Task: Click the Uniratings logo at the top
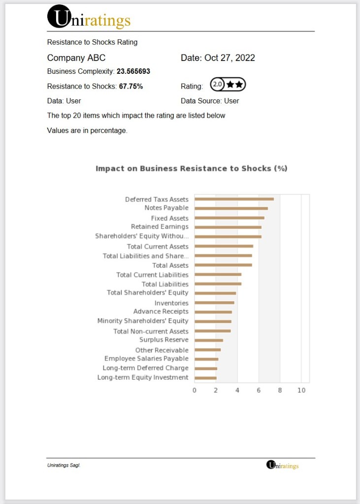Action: tap(89, 17)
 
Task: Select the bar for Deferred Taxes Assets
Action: tap(234, 199)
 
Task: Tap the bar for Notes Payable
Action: tap(231, 208)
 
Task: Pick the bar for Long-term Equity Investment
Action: tap(205, 378)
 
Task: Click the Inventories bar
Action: tap(214, 303)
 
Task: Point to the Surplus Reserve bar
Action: tap(209, 340)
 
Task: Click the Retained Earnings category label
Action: tap(160, 227)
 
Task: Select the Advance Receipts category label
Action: tap(161, 312)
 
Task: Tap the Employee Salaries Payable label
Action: tap(146, 359)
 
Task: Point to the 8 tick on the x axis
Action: tap(280, 390)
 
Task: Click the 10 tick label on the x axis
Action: tap(301, 390)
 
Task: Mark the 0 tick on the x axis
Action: tap(195, 390)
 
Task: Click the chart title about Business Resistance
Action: tap(191, 168)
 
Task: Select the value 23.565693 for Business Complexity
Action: tap(133, 71)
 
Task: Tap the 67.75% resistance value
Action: tap(131, 86)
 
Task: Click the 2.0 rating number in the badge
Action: tap(217, 85)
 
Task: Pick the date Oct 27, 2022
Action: tap(229, 58)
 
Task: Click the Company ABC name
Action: tap(76, 58)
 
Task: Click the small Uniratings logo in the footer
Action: tap(282, 465)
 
